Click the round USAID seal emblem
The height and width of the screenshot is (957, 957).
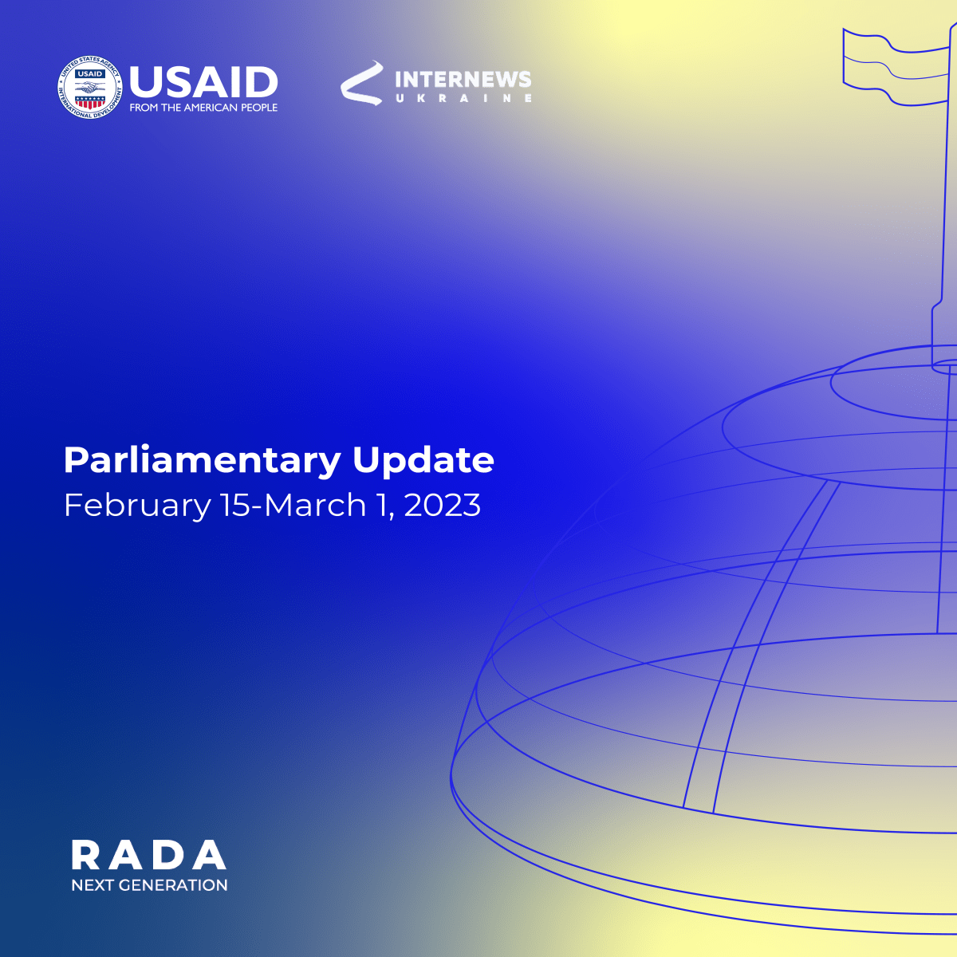(x=90, y=88)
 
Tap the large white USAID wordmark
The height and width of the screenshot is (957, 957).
(x=203, y=82)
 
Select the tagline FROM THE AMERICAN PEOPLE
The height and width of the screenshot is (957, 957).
(x=203, y=108)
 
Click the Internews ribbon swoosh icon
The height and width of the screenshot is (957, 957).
(x=361, y=83)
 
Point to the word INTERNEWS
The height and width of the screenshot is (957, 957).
(x=463, y=80)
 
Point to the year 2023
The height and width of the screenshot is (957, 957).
(x=443, y=505)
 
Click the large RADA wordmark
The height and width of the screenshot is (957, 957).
(x=149, y=855)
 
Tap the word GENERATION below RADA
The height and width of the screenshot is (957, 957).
(x=173, y=885)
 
